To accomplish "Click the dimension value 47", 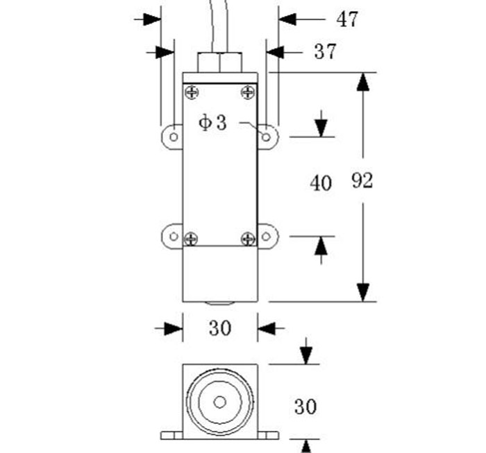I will (347, 19).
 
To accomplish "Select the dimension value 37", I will (324, 51).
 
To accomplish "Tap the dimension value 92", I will (362, 182).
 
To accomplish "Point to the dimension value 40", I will (321, 184).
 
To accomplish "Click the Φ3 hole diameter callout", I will (212, 123).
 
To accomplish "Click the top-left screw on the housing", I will (191, 92).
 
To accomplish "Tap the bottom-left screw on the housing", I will (191, 239).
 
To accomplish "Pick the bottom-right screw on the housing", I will (248, 239).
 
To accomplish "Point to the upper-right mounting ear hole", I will (266, 136).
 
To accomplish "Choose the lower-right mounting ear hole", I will (267, 236).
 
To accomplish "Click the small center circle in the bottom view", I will (220, 402).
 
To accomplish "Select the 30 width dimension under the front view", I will (220, 328).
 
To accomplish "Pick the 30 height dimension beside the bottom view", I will (305, 407).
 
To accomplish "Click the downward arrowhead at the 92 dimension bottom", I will (362, 292).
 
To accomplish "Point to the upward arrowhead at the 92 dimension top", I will (362, 82).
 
